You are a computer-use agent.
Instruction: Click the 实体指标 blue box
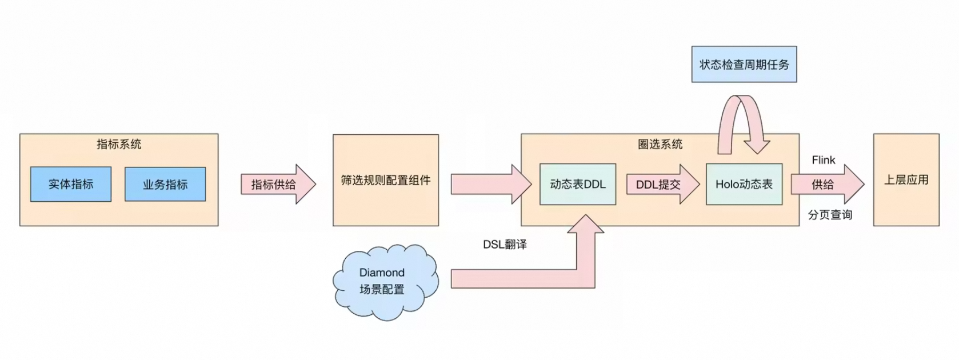(x=71, y=184)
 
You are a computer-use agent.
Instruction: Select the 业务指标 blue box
(x=165, y=185)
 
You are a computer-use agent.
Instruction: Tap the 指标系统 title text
(x=119, y=144)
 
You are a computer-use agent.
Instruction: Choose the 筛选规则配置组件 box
(x=386, y=181)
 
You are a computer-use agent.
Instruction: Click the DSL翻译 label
(x=505, y=245)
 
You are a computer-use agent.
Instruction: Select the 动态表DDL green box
(x=577, y=185)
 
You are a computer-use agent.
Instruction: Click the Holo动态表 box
(x=744, y=185)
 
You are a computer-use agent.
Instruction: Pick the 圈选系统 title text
(x=660, y=144)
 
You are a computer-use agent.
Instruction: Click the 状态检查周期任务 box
(x=744, y=65)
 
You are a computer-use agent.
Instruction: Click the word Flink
(x=823, y=160)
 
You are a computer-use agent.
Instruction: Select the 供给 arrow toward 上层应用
(x=826, y=185)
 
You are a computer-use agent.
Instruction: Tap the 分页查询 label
(x=830, y=215)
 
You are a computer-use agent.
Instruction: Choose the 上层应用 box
(x=906, y=180)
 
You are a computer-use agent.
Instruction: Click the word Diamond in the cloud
(x=382, y=273)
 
